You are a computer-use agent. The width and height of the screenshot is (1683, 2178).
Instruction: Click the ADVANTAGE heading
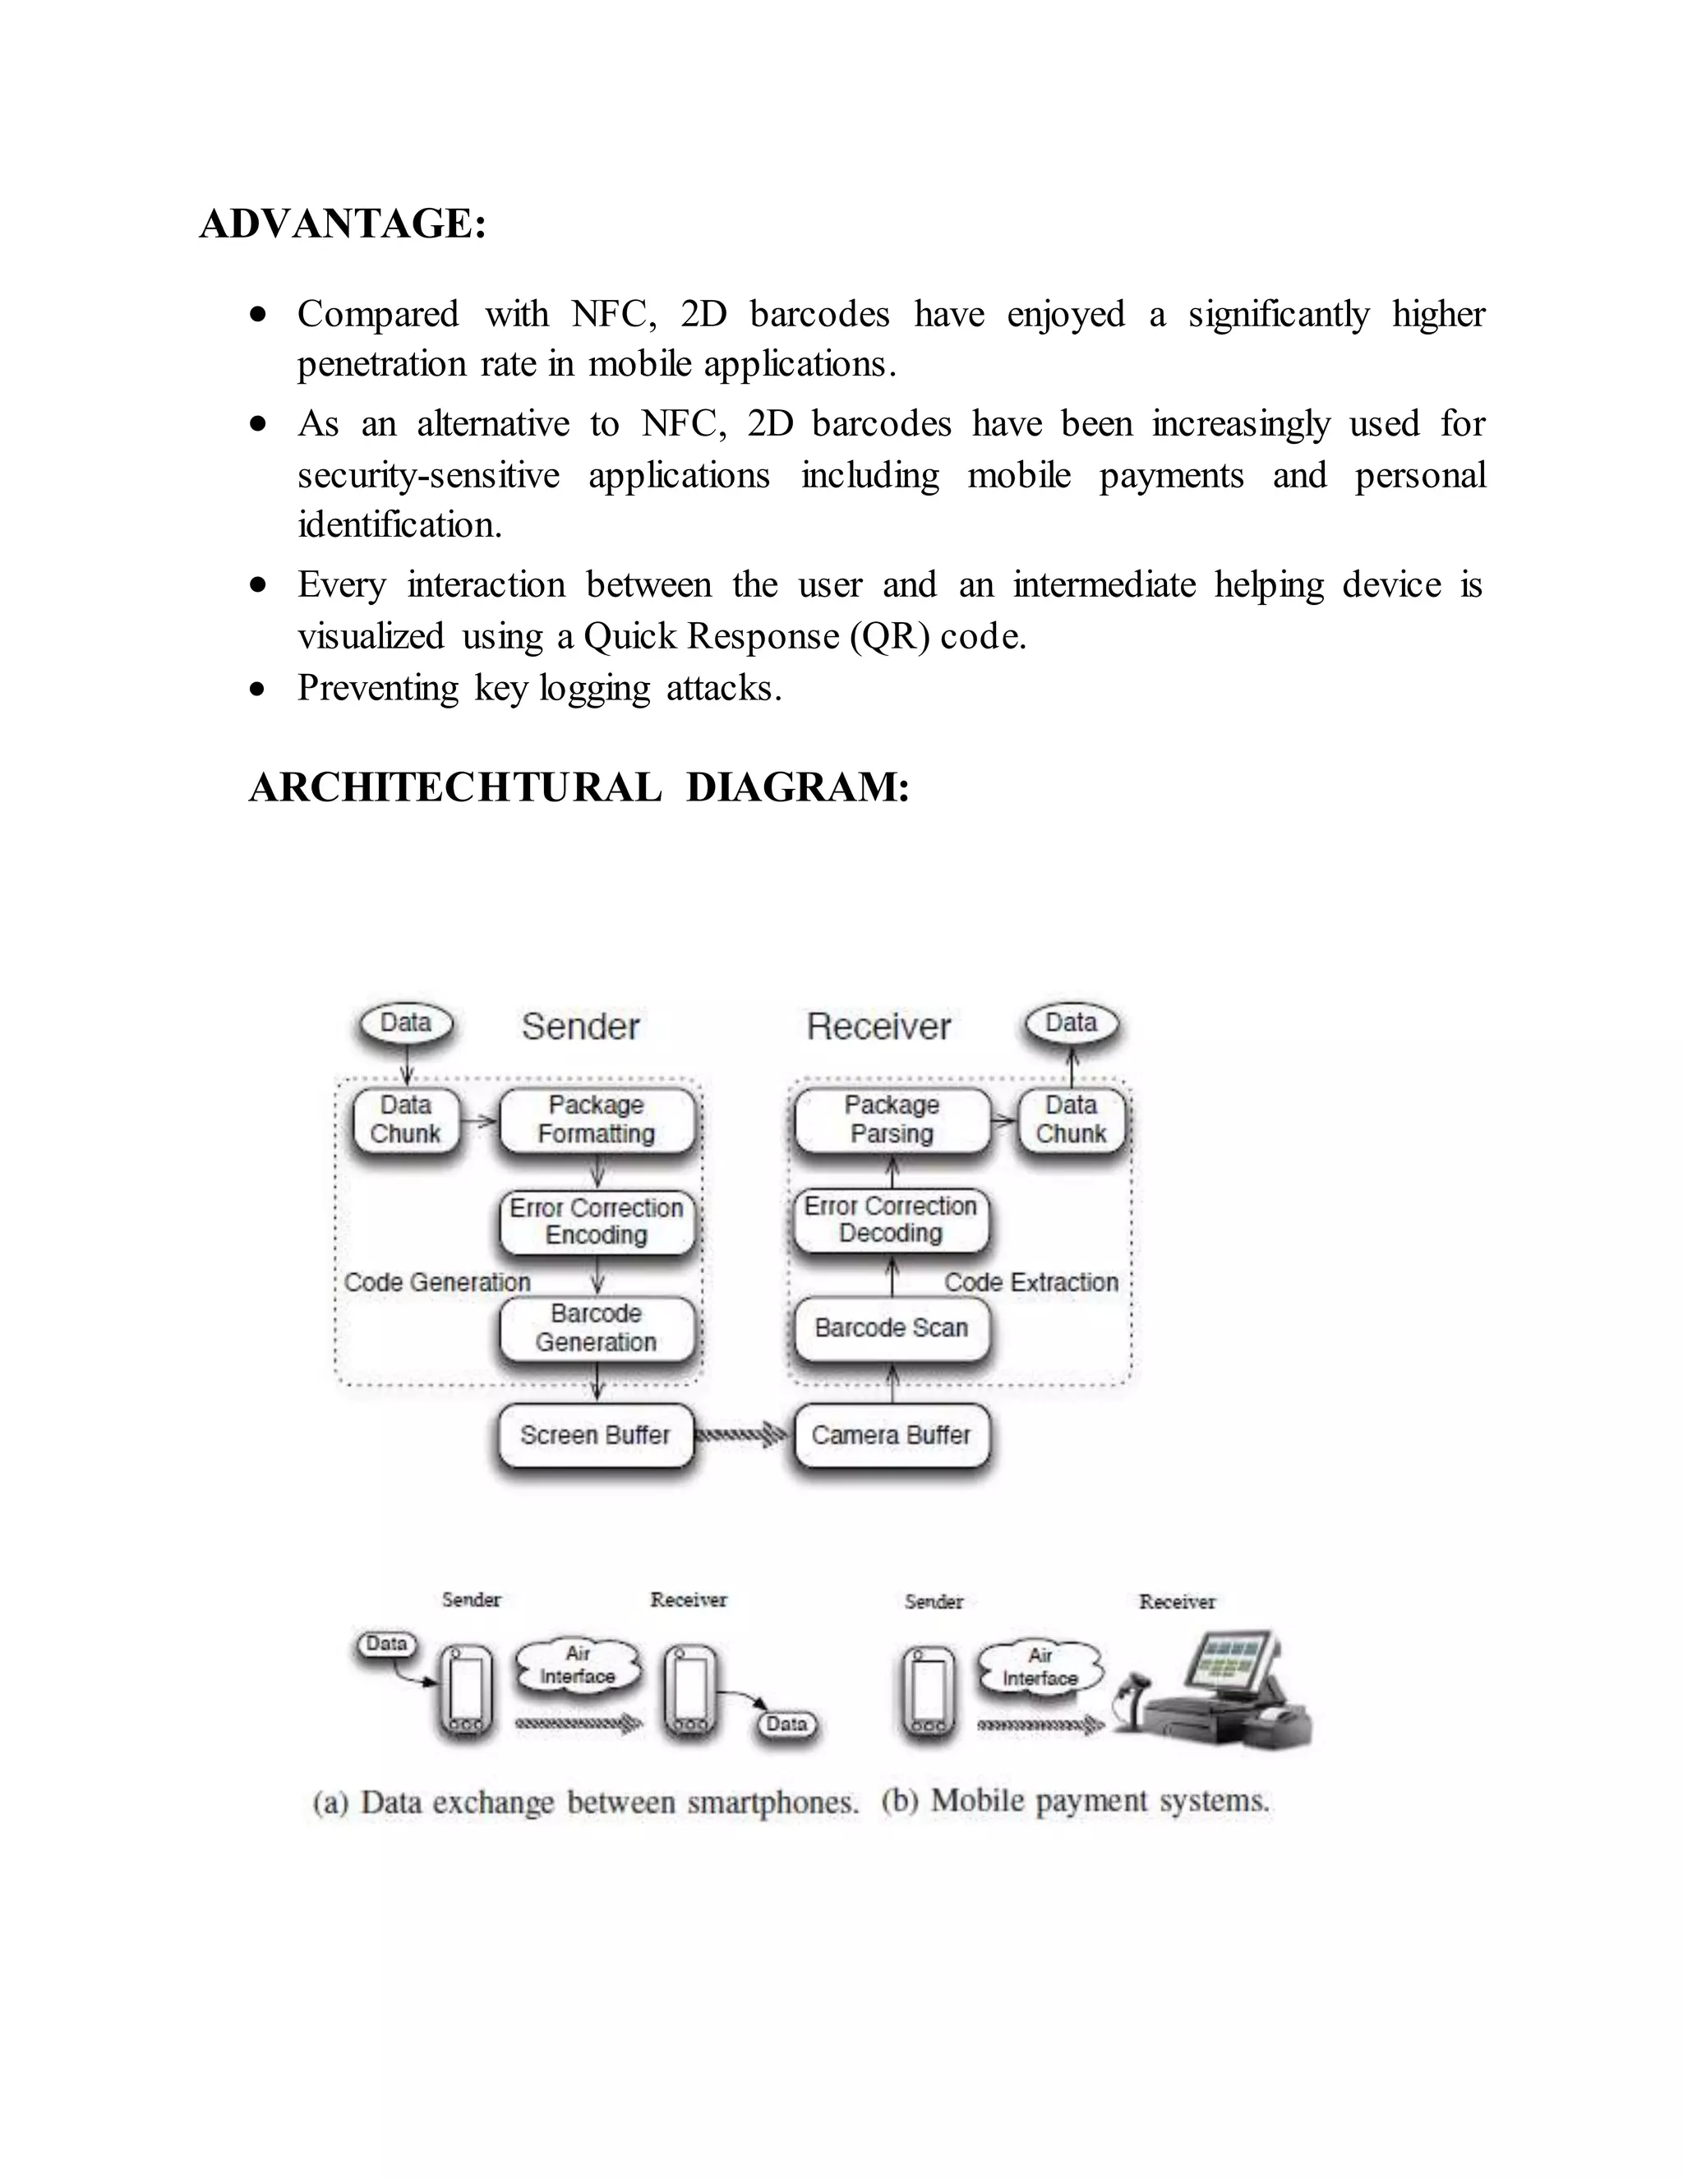(x=343, y=224)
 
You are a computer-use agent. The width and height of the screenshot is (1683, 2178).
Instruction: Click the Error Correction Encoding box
(x=597, y=1221)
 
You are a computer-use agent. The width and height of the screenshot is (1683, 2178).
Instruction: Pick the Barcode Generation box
(x=597, y=1327)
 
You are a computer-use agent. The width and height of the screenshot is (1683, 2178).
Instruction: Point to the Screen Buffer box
(x=595, y=1435)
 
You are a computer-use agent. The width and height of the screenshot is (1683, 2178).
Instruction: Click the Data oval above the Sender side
(x=406, y=1023)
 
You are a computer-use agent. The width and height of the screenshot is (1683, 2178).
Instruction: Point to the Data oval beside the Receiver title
(x=1071, y=1023)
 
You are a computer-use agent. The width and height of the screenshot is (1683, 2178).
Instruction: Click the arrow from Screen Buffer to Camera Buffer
(x=742, y=1435)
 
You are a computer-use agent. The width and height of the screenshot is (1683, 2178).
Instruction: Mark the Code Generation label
(x=436, y=1282)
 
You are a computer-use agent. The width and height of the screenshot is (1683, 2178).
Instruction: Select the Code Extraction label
(x=1031, y=1282)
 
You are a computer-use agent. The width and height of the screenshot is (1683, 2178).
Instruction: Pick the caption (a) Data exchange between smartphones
(x=585, y=1802)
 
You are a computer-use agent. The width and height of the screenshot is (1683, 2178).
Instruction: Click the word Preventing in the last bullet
(x=377, y=688)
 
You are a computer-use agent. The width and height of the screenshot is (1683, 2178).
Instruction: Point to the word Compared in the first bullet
(x=378, y=314)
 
